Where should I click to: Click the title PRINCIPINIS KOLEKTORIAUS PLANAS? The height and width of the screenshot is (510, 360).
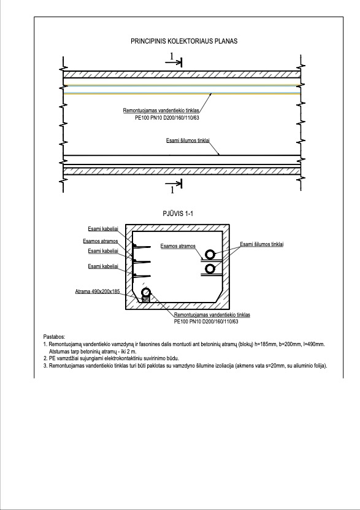tap(184, 41)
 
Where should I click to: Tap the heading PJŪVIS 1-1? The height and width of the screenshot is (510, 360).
tap(178, 214)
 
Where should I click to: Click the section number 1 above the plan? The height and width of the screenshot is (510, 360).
tap(172, 56)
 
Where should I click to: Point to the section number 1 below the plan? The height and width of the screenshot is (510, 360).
tap(172, 190)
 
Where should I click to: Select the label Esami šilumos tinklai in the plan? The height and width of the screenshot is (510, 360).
tap(188, 141)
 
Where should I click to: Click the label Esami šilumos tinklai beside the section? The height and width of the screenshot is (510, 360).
tap(261, 244)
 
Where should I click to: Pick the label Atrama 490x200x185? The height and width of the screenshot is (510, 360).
tap(98, 292)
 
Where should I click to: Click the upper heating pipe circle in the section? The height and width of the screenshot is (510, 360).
tap(210, 254)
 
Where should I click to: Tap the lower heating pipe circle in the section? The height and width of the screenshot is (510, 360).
tap(210, 269)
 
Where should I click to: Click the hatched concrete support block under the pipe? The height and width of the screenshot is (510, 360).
tap(146, 299)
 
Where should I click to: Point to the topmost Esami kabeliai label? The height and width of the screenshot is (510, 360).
tap(103, 229)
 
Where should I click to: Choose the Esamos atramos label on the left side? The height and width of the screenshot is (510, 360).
tap(101, 241)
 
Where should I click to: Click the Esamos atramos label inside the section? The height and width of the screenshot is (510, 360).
tap(178, 246)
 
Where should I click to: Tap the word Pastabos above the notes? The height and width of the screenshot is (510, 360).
tap(54, 337)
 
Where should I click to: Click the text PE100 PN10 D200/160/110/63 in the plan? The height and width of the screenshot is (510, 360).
tap(167, 118)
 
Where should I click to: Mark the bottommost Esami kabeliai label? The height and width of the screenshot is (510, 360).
tap(103, 266)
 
